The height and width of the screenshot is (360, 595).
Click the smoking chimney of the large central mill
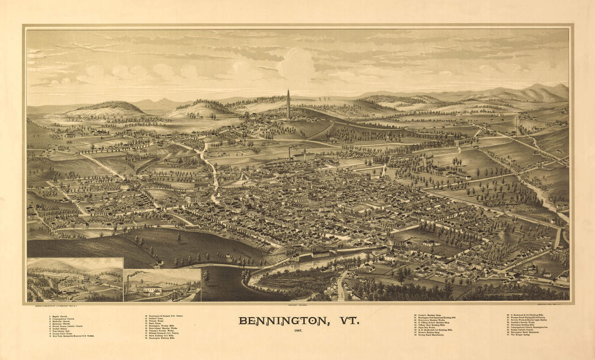289,153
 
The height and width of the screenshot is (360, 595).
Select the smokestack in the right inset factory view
128,283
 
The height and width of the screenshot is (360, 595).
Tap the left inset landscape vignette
75,279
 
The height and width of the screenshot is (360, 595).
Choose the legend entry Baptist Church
60,316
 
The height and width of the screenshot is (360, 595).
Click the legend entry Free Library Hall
63,331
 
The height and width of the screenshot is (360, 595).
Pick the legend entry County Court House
63,333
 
